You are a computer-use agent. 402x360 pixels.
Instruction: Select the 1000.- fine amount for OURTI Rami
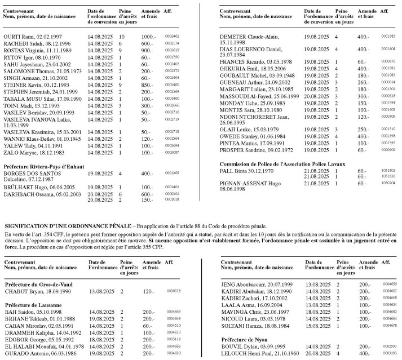[x=149, y=35]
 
